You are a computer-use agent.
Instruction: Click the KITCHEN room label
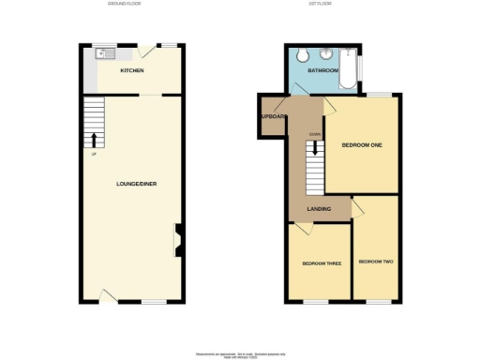[131, 70]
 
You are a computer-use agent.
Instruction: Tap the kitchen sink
[103, 53]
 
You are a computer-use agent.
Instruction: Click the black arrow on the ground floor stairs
[93, 141]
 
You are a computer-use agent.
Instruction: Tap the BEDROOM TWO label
[376, 261]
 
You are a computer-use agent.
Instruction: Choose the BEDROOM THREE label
[322, 263]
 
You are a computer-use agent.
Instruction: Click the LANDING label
[319, 208]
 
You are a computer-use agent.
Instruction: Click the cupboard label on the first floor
[273, 117]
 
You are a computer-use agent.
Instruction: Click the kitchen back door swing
[142, 56]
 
